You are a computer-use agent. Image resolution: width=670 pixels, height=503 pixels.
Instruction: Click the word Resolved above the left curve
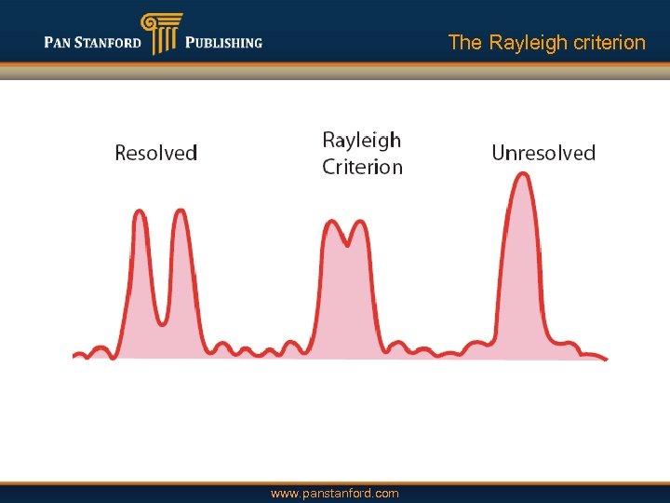(155, 153)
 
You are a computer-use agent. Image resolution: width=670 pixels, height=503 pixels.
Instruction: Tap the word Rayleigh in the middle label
(361, 141)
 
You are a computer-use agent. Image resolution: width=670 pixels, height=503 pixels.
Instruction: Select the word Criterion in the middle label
(362, 168)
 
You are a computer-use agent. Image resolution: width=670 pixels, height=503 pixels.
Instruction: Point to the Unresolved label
(543, 153)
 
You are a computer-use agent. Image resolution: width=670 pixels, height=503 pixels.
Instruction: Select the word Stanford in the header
(110, 43)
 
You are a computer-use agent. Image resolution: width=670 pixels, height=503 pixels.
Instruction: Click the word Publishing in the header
(223, 43)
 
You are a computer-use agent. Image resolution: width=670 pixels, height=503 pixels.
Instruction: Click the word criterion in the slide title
(607, 43)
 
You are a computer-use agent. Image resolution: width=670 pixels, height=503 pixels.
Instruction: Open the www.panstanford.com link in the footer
(335, 494)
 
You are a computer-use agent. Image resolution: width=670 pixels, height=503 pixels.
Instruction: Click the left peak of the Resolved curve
(141, 212)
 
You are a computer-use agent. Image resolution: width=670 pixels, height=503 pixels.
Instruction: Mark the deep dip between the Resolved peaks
(162, 322)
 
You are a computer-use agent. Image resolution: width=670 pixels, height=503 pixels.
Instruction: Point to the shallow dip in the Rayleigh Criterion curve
(348, 245)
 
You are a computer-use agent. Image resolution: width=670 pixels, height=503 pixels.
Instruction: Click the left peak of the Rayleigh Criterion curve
(333, 224)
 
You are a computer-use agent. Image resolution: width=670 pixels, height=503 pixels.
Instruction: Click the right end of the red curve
(606, 358)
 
